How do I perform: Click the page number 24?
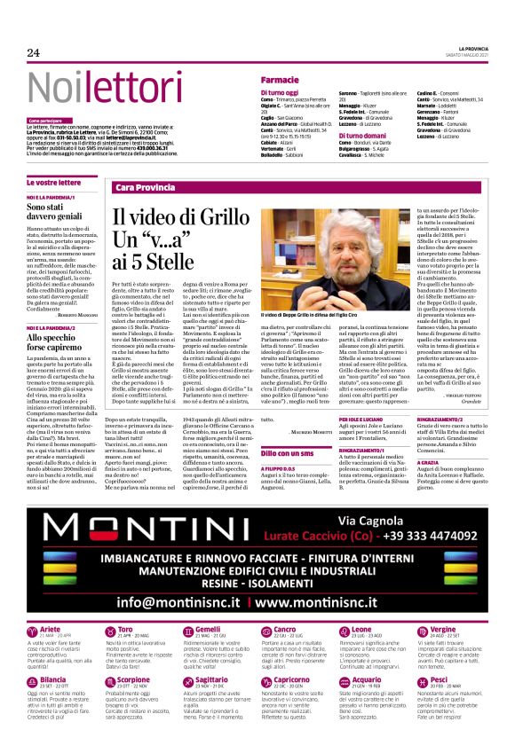(x=34, y=52)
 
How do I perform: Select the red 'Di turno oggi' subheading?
(x=280, y=92)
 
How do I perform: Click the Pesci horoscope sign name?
(x=438, y=678)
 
